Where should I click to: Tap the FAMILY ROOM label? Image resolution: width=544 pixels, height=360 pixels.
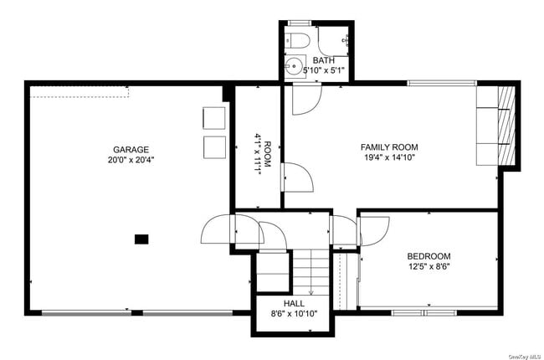click(x=389, y=147)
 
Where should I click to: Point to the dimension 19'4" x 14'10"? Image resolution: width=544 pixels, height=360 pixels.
click(x=389, y=157)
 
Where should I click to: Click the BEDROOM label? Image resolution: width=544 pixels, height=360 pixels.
click(x=429, y=257)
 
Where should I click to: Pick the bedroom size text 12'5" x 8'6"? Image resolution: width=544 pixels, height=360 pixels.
click(x=429, y=268)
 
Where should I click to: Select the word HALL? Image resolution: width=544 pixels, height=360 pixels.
click(x=294, y=303)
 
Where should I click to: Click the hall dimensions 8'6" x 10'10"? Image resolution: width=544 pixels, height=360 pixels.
click(x=294, y=314)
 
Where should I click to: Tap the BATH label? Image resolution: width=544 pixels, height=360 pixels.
click(x=323, y=60)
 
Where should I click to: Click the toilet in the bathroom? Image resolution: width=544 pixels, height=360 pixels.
click(x=300, y=38)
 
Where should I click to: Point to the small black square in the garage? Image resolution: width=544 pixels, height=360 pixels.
click(x=141, y=239)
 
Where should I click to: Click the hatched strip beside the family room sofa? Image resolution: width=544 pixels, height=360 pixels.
click(x=504, y=126)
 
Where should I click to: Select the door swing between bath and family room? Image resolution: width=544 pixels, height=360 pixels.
click(x=305, y=99)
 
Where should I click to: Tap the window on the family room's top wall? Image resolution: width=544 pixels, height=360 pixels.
click(x=441, y=83)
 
